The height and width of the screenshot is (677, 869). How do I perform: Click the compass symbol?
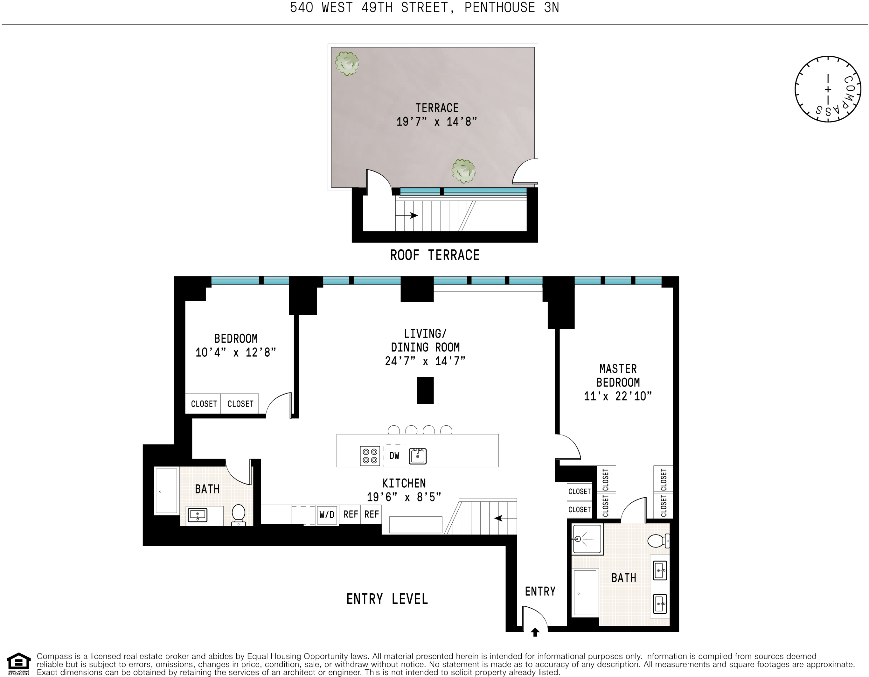click(828, 89)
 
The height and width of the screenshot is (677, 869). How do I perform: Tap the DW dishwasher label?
click(394, 456)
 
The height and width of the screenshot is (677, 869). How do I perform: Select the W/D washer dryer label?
click(327, 515)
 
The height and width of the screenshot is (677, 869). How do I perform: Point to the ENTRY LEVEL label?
click(387, 599)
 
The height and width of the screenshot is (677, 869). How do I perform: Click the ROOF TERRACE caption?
click(434, 255)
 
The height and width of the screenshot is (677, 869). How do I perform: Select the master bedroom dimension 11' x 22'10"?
click(618, 396)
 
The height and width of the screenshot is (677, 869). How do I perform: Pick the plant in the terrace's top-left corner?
click(347, 63)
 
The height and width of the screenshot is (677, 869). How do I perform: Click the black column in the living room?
click(425, 390)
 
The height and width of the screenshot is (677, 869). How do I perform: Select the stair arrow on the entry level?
click(505, 518)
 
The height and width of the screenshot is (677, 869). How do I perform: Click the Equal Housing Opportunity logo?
click(19, 664)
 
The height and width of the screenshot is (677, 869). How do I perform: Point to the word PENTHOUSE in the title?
click(500, 8)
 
